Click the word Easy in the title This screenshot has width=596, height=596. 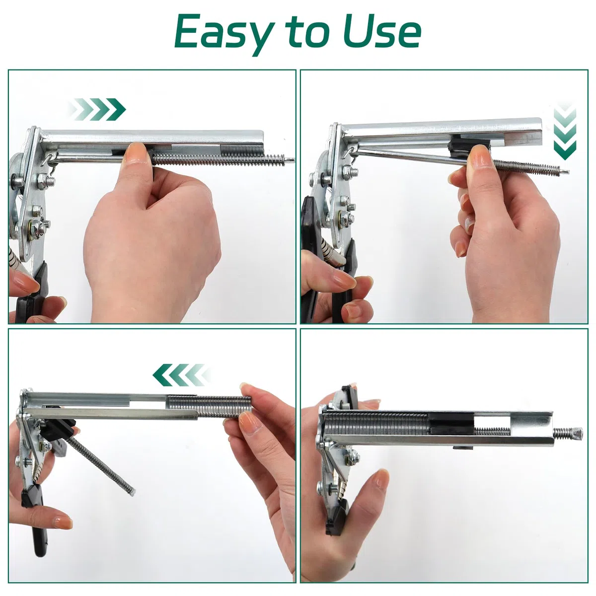click(x=224, y=34)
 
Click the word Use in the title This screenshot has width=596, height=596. click(x=382, y=31)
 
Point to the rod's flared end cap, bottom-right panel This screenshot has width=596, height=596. click(x=576, y=432)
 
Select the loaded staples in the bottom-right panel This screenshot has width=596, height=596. click(x=376, y=422)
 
